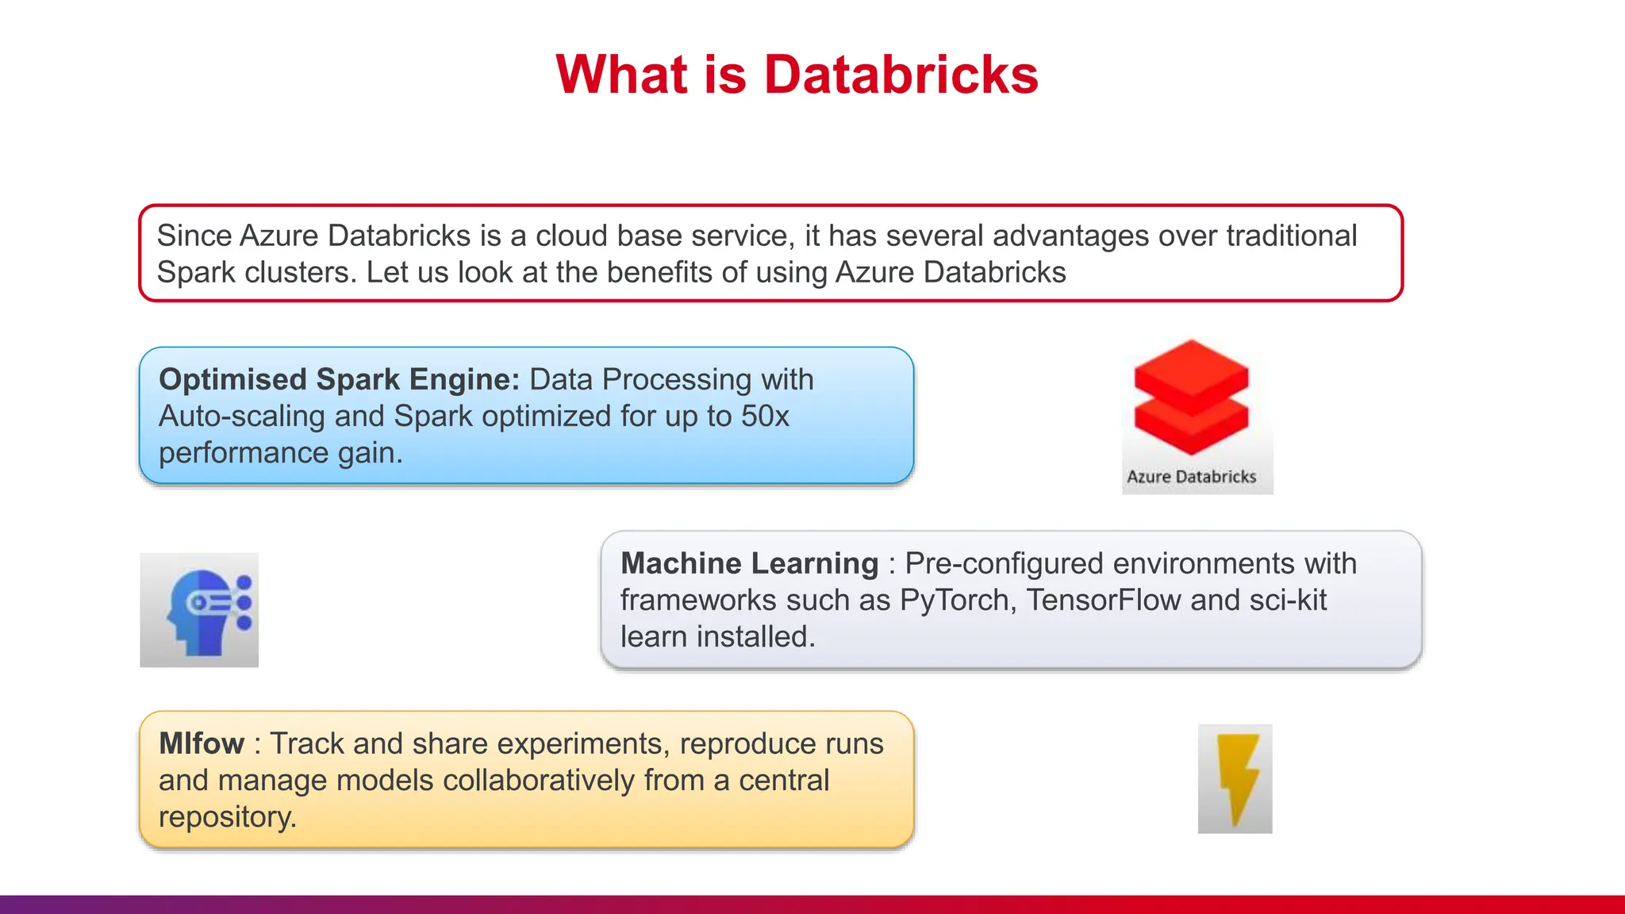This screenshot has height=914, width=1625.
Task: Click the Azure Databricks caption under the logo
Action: [1191, 477]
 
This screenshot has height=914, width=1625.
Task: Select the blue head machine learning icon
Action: [200, 610]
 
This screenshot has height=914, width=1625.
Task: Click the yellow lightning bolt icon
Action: [1235, 778]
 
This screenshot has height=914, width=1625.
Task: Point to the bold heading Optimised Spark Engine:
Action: [339, 379]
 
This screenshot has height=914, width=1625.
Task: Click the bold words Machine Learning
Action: [749, 563]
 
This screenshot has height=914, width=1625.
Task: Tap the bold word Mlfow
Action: [202, 743]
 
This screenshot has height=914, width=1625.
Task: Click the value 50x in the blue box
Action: [765, 417]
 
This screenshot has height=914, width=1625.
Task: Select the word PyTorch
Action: [958, 600]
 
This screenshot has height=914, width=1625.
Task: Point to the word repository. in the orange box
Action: [228, 816]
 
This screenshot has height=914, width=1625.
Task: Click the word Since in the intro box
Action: [194, 236]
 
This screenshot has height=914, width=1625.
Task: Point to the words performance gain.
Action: [280, 453]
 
